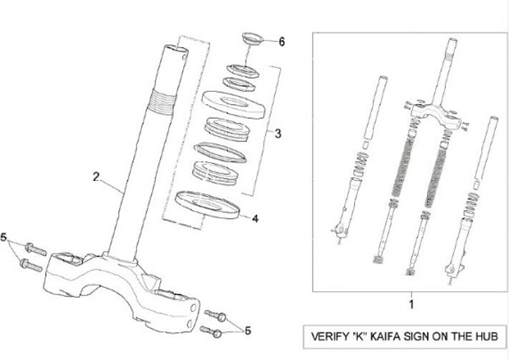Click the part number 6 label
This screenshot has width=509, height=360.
coord(281,42)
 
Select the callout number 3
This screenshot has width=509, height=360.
coord(279,132)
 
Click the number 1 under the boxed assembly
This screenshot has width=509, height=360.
coord(411,306)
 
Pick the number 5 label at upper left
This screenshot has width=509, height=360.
coord(6,238)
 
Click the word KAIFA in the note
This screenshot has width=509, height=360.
coord(391,337)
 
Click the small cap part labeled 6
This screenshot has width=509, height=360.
coord(252,38)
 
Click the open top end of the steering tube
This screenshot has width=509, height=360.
coord(176,49)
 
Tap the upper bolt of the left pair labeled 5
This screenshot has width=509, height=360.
coord(35,250)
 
